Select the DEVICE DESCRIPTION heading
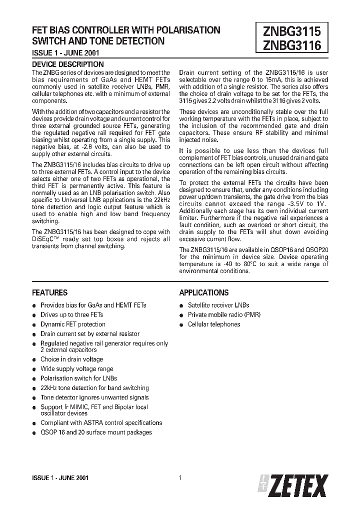pos(68,64)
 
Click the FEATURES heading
pos(49,292)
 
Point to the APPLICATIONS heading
pos(204,292)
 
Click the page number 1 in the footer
pos(179,477)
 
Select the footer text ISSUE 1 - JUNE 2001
pos(60,478)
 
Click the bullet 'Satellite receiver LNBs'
pos(218,305)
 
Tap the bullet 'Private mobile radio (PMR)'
pos(224,314)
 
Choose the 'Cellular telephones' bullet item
pos(214,324)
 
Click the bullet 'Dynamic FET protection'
pos(73,324)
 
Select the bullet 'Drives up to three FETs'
pos(72,314)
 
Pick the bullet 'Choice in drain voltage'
pos(71,359)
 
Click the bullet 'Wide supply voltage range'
pos(76,368)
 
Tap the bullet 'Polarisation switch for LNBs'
pos(78,378)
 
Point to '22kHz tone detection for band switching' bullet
pos(94,387)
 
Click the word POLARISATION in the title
pos(185,30)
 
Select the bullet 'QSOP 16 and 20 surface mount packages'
pos(96,432)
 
